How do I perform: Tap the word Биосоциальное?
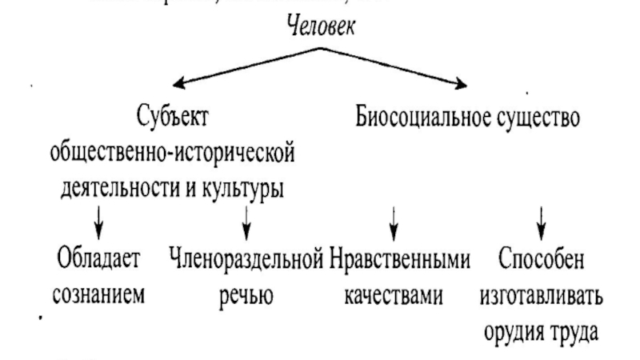(418, 118)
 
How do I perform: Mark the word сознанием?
(98, 294)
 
